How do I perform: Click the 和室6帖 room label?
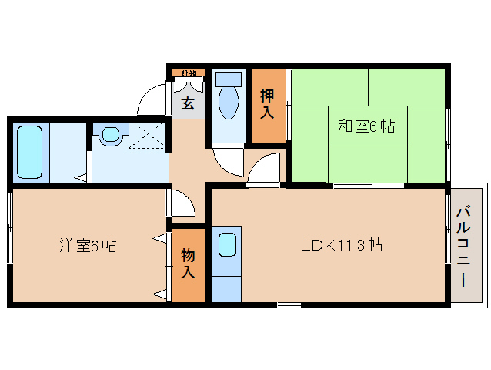point(366,126)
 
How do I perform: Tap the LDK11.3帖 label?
point(342,246)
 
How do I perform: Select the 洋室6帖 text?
point(89,246)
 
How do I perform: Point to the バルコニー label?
point(464,245)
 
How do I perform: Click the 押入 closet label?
point(267,103)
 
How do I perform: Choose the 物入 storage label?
point(188,264)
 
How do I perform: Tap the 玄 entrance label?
point(187,103)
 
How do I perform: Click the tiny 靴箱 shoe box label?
point(188,74)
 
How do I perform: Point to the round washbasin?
point(111,135)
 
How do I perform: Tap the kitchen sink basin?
point(226,245)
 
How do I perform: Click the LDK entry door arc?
point(263,170)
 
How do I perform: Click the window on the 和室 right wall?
point(447,127)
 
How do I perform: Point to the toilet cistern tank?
point(229,79)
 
